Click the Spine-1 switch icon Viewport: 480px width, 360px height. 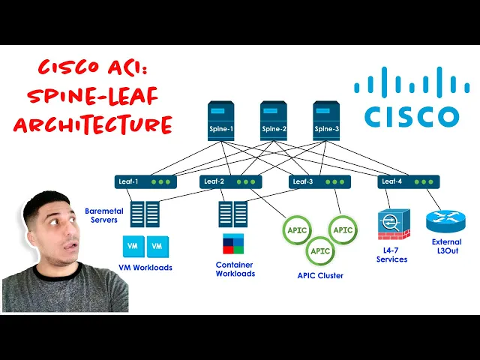[x=221, y=121]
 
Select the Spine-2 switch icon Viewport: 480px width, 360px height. [x=274, y=121]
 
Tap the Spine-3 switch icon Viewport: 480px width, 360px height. [x=326, y=121]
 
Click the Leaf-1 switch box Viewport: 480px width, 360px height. [x=145, y=181]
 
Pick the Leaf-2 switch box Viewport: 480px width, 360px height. [x=230, y=181]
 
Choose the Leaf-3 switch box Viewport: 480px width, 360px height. [x=319, y=181]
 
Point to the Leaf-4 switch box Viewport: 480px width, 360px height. [x=409, y=181]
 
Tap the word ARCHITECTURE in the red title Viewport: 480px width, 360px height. [x=92, y=124]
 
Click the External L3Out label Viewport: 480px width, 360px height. [x=446, y=247]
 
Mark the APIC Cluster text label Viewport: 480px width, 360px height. [x=320, y=275]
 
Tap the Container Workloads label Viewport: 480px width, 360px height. [x=235, y=269]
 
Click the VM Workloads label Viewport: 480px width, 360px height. [x=145, y=268]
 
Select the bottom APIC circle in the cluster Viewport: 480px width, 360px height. [x=320, y=250]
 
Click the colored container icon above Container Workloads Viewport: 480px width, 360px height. [x=233, y=244]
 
